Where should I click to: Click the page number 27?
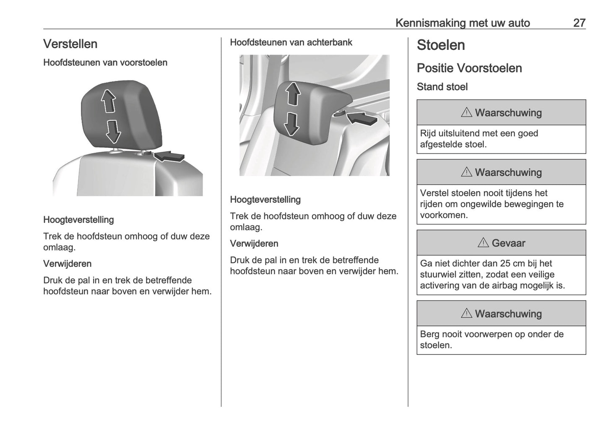coord(579,23)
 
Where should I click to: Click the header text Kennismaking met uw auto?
coord(463,23)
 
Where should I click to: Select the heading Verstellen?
coord(70,44)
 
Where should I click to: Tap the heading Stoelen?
coord(441,45)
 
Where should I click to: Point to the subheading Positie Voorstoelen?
coord(469,68)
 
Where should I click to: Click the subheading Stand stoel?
coord(442,87)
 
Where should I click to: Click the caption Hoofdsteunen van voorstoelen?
coord(105,62)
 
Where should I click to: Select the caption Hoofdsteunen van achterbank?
coord(291,42)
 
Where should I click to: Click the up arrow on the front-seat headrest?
coord(109,102)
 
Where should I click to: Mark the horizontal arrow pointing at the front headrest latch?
coord(169,156)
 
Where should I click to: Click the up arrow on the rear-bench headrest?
coord(293,94)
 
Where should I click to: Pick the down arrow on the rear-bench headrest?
coord(291,124)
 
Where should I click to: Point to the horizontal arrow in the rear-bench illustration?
coord(362,118)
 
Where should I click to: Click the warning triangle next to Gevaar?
coord(483,243)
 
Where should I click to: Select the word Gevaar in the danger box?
coord(508,243)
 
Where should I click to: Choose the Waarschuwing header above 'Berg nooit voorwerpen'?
coord(501,314)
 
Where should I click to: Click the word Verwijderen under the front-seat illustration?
coord(67,264)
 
